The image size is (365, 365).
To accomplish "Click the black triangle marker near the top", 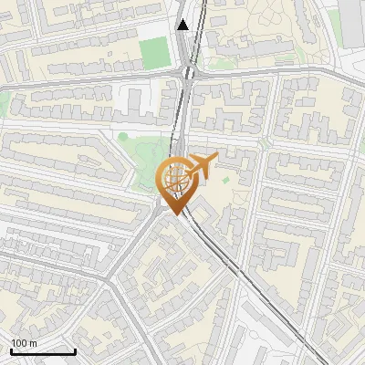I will point(183,25).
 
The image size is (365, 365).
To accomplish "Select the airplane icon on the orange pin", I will point(201,166).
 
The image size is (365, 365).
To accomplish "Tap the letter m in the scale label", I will point(33,343).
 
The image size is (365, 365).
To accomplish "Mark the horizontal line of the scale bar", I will point(43,351).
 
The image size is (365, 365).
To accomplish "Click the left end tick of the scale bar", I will point(11,349).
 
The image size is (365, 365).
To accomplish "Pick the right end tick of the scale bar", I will point(75,349).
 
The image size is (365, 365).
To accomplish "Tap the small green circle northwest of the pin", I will point(122,138).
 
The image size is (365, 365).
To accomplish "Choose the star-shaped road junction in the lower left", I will point(111,278).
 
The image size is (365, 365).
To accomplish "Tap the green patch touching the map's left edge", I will point(4,100).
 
